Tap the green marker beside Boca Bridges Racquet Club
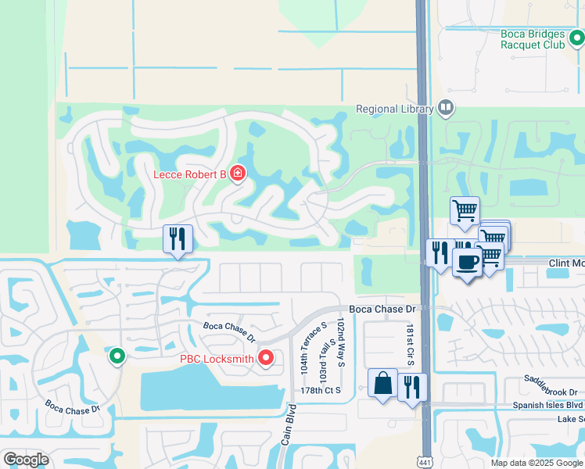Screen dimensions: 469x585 pos(576,36)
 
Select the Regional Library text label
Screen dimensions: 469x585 pos(394,109)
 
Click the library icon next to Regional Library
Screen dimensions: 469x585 pos(446,107)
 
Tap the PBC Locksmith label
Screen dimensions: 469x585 pos(217,359)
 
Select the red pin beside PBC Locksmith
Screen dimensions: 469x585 pos(266,358)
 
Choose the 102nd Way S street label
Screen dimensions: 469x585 pos(342,342)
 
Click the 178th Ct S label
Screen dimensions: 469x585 pos(321,390)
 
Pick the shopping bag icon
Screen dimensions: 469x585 pos(382,384)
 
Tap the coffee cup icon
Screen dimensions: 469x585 pos(468,263)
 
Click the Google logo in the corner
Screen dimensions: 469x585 pos(26,459)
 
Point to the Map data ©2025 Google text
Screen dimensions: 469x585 pos(537,463)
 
